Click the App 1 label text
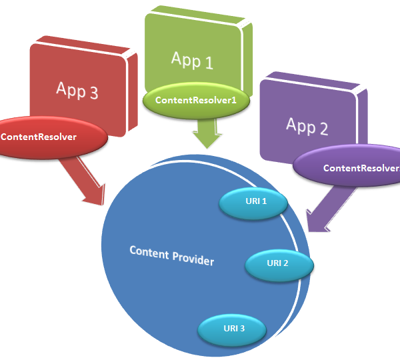[x=192, y=60]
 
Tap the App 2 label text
[x=307, y=126]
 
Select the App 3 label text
[x=77, y=90]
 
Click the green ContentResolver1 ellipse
[x=196, y=100]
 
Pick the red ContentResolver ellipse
[x=52, y=137]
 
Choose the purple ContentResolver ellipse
[x=347, y=166]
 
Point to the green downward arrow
[x=207, y=133]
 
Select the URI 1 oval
[x=253, y=203]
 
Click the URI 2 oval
[x=279, y=265]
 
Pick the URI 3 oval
[x=232, y=330]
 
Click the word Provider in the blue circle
[x=193, y=259]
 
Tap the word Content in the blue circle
[x=149, y=253]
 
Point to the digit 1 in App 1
[x=209, y=63]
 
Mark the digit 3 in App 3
[x=94, y=93]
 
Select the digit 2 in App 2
[x=324, y=129]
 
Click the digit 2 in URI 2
[x=285, y=263]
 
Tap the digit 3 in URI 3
[x=242, y=329]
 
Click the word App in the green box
[x=186, y=60]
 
